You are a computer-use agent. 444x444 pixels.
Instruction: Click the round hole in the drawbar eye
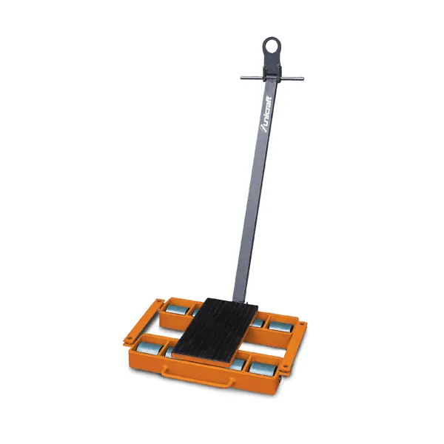point(272,46)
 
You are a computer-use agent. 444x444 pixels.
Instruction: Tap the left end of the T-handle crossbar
point(241,78)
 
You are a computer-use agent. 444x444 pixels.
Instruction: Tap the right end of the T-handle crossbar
point(303,78)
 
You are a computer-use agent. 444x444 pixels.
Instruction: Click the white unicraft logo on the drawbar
point(266,114)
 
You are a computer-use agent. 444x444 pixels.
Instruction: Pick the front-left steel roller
point(149,349)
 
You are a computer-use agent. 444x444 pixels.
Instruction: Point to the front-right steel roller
point(263,369)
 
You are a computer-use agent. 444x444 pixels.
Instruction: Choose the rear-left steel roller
point(176,309)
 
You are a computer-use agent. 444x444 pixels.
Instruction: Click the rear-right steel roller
point(280,327)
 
